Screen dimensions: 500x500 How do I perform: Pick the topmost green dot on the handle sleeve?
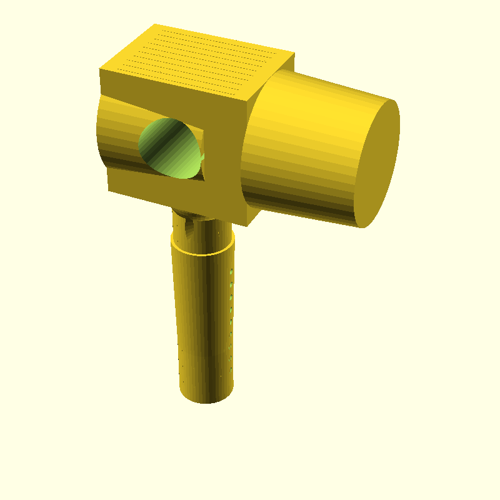(231, 272)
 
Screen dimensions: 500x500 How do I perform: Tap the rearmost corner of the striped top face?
(155, 24)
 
